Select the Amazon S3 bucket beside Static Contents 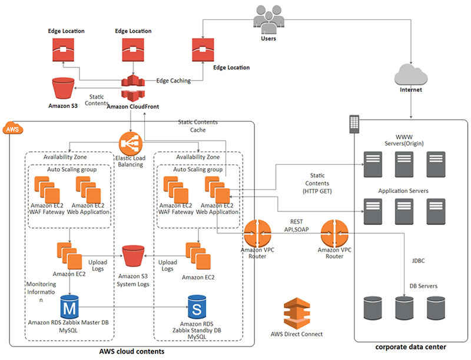click(x=62, y=88)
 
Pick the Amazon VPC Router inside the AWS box click(x=256, y=234)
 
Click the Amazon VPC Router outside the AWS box click(x=335, y=234)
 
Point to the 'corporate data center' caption click(x=411, y=347)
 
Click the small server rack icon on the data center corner click(x=354, y=124)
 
